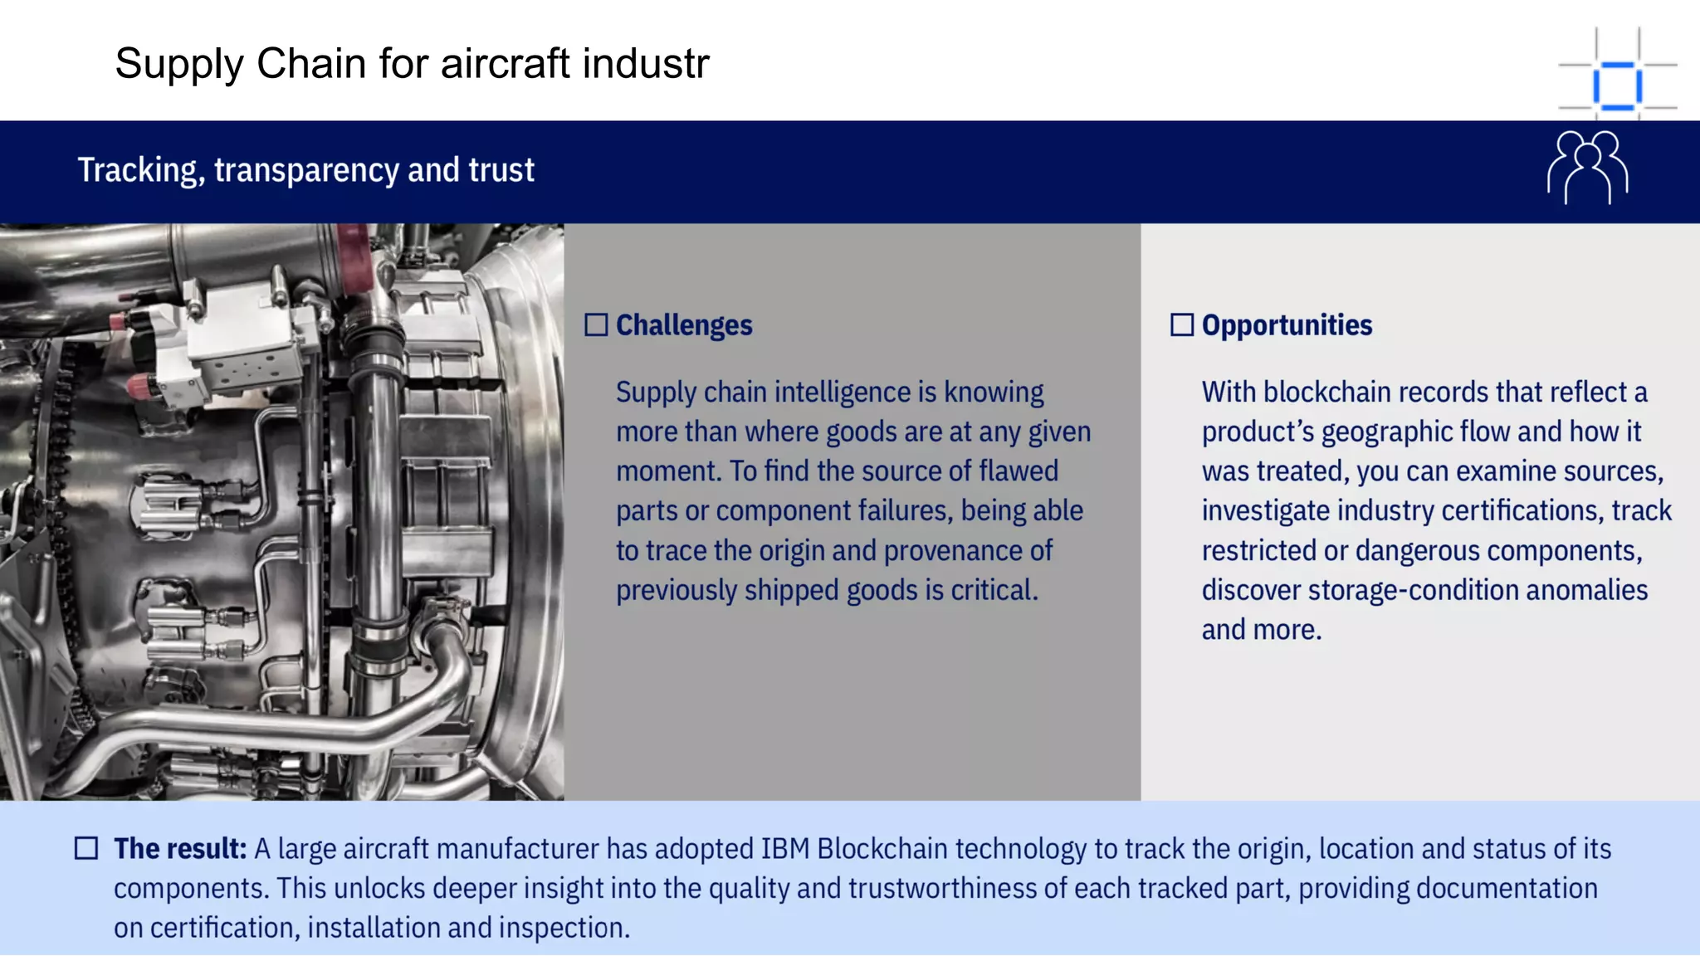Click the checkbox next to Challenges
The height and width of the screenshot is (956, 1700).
[x=596, y=324]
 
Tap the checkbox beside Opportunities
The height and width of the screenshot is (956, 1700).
[x=1182, y=324]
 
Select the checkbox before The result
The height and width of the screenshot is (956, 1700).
[x=86, y=848]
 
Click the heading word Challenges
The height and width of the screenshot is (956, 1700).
[x=684, y=325]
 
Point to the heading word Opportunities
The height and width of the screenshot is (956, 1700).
[x=1287, y=325]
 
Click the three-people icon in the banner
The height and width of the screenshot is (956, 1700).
[x=1587, y=168]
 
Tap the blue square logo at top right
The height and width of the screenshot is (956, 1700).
[x=1617, y=85]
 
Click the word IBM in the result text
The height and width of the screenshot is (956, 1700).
[x=785, y=849]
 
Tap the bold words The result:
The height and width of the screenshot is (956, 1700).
[x=180, y=849]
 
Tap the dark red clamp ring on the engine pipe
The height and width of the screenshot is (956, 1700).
[x=353, y=257]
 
